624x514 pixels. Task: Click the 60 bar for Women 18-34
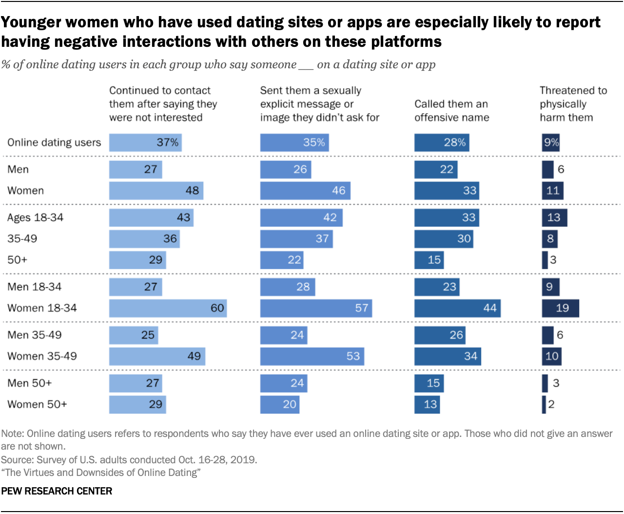click(168, 308)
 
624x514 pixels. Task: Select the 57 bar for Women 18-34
click(316, 308)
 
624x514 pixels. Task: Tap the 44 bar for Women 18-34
click(457, 308)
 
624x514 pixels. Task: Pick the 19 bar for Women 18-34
click(560, 308)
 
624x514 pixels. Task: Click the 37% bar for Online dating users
click(145, 142)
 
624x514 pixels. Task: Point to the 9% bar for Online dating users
click(551, 142)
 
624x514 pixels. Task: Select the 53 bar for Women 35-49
click(312, 356)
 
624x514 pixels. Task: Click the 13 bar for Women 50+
click(427, 404)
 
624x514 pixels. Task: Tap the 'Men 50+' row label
click(29, 383)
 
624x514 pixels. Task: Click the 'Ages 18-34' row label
click(35, 217)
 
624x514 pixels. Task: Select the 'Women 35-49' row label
click(42, 356)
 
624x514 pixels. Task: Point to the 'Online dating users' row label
click(54, 142)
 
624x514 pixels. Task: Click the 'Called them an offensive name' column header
click(451, 111)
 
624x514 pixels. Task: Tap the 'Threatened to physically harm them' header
click(573, 104)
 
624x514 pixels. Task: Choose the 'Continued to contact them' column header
click(163, 104)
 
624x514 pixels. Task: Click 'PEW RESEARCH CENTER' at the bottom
click(57, 491)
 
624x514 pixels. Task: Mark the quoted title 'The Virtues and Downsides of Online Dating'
click(101, 473)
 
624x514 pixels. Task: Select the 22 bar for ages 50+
click(282, 260)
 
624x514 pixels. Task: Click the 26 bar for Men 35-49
click(440, 335)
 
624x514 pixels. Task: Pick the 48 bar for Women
click(156, 191)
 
